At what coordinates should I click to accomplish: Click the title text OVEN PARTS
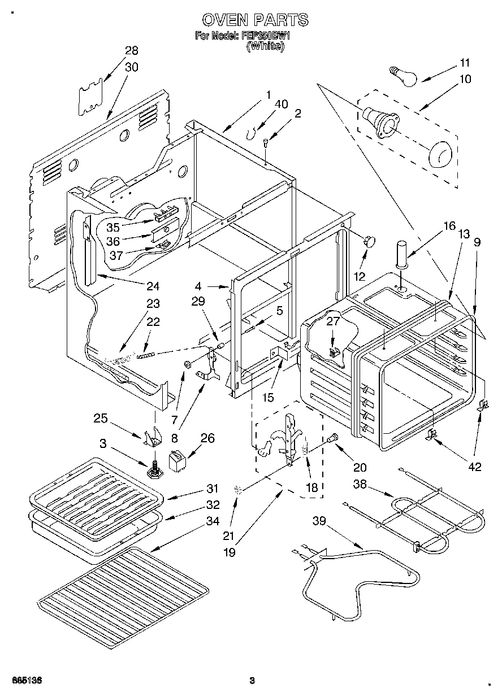pyautogui.click(x=255, y=20)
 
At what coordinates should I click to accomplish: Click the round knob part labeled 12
pyautogui.click(x=370, y=241)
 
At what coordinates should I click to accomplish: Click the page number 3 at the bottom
pyautogui.click(x=252, y=681)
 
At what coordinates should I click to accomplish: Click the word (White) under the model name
pyautogui.click(x=265, y=47)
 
